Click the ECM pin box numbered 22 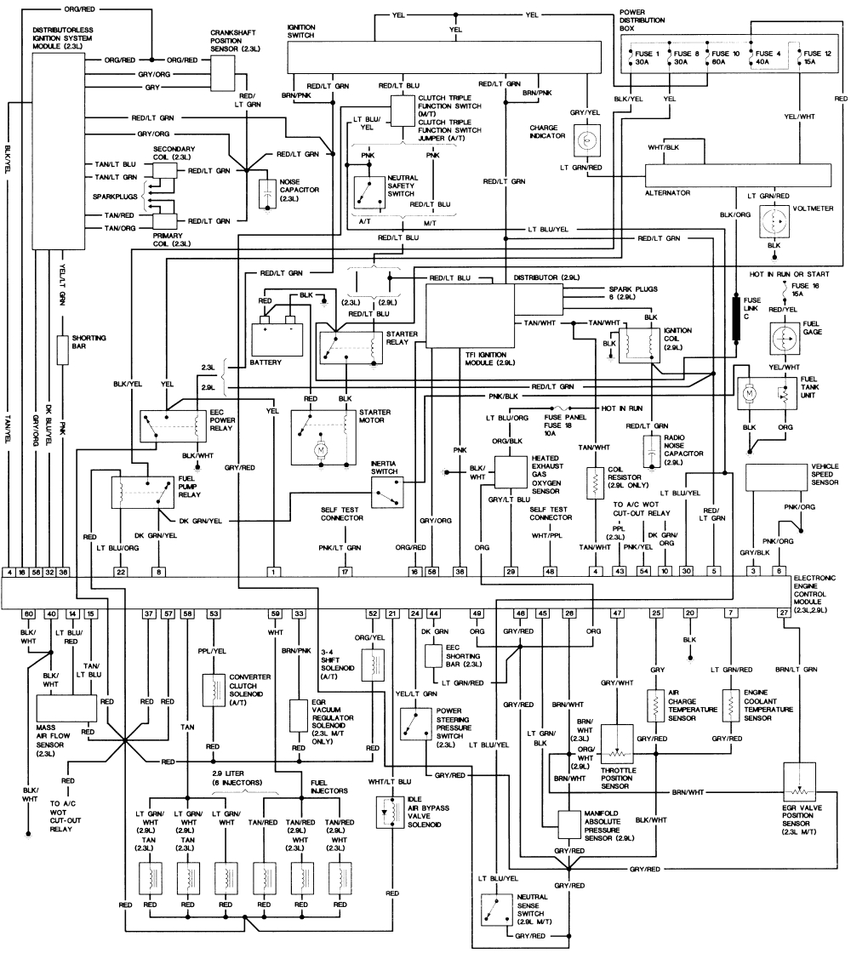(x=121, y=573)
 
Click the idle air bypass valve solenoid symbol (x=387, y=813)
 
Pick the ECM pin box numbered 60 (x=28, y=613)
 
